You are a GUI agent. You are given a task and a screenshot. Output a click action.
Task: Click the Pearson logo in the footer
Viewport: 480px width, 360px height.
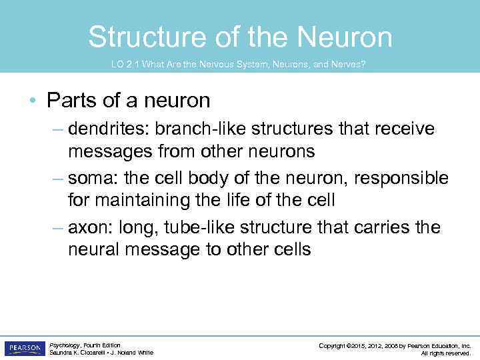(25, 349)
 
